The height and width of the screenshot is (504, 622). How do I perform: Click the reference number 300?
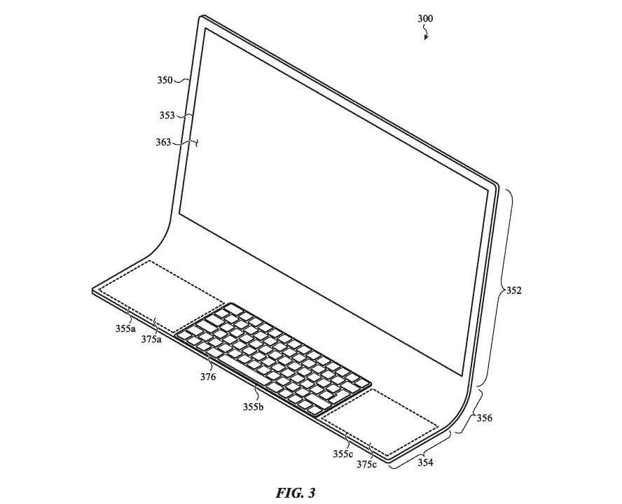(x=425, y=19)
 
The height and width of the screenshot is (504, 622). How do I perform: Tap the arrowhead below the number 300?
(x=426, y=37)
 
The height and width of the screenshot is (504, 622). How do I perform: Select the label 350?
(x=165, y=80)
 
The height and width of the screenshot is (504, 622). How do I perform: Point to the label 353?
(x=167, y=115)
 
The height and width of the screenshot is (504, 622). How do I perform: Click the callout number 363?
(x=163, y=142)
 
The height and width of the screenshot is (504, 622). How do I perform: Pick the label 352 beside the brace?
(x=513, y=290)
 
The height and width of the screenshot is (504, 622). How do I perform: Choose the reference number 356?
(x=484, y=418)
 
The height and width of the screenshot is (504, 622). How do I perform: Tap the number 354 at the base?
(x=425, y=463)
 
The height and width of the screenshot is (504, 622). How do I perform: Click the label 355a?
(x=125, y=328)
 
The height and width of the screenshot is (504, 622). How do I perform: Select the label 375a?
(x=151, y=339)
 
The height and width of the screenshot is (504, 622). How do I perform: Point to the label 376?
(x=208, y=377)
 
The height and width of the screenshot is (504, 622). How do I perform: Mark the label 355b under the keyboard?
(x=254, y=407)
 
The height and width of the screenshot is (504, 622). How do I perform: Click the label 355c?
(x=343, y=454)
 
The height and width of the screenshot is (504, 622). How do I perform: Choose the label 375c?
(x=366, y=464)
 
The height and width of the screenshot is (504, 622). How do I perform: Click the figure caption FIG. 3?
(x=296, y=493)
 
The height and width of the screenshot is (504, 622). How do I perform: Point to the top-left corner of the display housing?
(x=200, y=17)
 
